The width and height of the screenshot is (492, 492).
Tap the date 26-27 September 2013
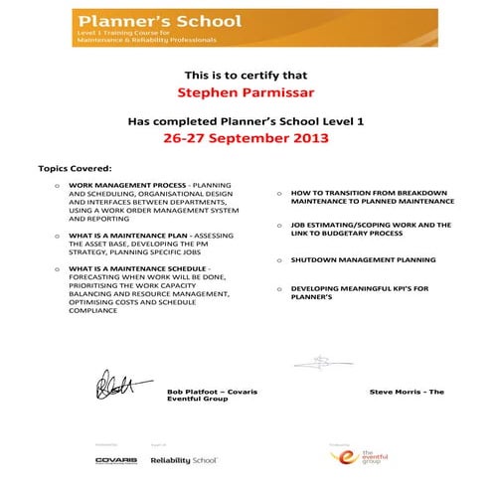click(246, 138)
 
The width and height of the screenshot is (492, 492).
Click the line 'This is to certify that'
click(246, 75)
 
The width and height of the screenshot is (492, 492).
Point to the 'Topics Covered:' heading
click(75, 168)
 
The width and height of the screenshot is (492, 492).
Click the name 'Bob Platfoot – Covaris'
click(213, 392)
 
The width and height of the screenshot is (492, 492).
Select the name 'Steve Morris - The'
click(406, 392)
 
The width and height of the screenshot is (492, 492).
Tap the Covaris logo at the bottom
click(116, 460)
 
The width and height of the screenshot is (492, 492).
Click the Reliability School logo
click(184, 460)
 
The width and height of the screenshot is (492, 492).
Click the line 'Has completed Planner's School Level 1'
click(246, 120)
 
